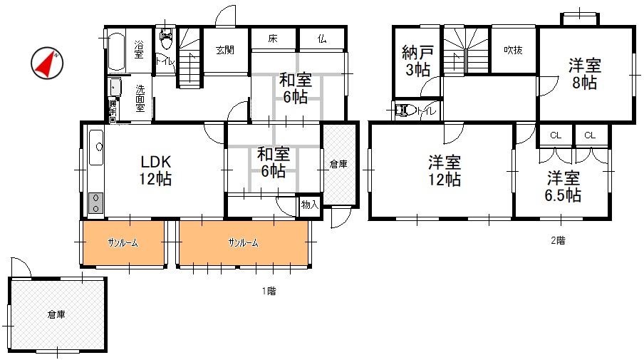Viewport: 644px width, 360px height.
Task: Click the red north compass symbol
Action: [47, 63]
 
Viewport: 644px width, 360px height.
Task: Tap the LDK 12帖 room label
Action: [155, 170]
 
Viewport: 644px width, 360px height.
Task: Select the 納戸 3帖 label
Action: [417, 61]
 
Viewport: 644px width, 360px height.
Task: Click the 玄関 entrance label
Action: [225, 50]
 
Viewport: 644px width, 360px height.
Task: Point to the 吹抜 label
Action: [513, 50]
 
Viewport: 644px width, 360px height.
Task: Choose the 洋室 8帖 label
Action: [585, 74]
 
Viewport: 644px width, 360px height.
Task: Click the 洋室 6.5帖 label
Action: [563, 187]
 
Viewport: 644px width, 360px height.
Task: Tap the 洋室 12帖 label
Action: [445, 170]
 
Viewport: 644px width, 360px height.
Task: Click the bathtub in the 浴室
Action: [116, 51]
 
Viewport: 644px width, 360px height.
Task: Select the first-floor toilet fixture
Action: [167, 38]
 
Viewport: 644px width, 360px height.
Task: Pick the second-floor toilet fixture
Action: [405, 110]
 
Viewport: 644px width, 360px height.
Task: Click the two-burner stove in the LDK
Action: [95, 203]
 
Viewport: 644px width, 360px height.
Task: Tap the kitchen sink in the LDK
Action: [96, 148]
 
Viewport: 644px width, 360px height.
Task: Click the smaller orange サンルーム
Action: [124, 243]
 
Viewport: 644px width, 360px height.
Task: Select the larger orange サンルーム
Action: [244, 243]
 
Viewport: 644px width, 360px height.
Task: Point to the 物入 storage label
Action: [310, 205]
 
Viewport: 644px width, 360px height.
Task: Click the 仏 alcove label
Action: [322, 39]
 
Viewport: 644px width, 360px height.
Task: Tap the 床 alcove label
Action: [273, 39]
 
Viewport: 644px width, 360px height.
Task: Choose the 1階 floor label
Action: [269, 291]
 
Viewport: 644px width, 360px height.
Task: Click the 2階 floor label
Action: [559, 240]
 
